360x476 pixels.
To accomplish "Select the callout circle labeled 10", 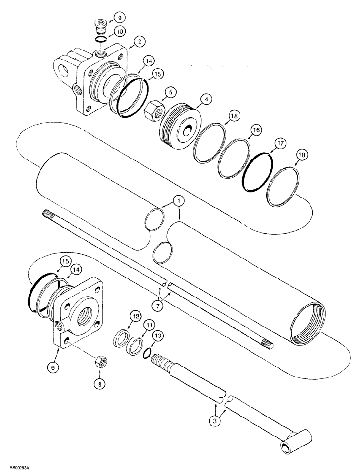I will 119,32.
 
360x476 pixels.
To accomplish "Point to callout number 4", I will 205,100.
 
